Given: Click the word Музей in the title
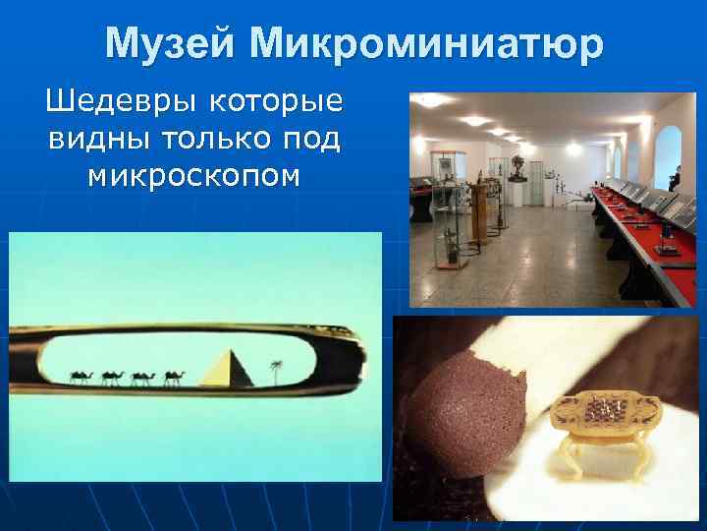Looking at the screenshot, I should coord(170,43).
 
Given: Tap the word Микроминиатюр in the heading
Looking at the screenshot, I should coord(426,43).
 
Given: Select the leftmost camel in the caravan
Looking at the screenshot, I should coord(80,377).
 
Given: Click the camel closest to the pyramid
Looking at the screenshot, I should coord(175,377).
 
